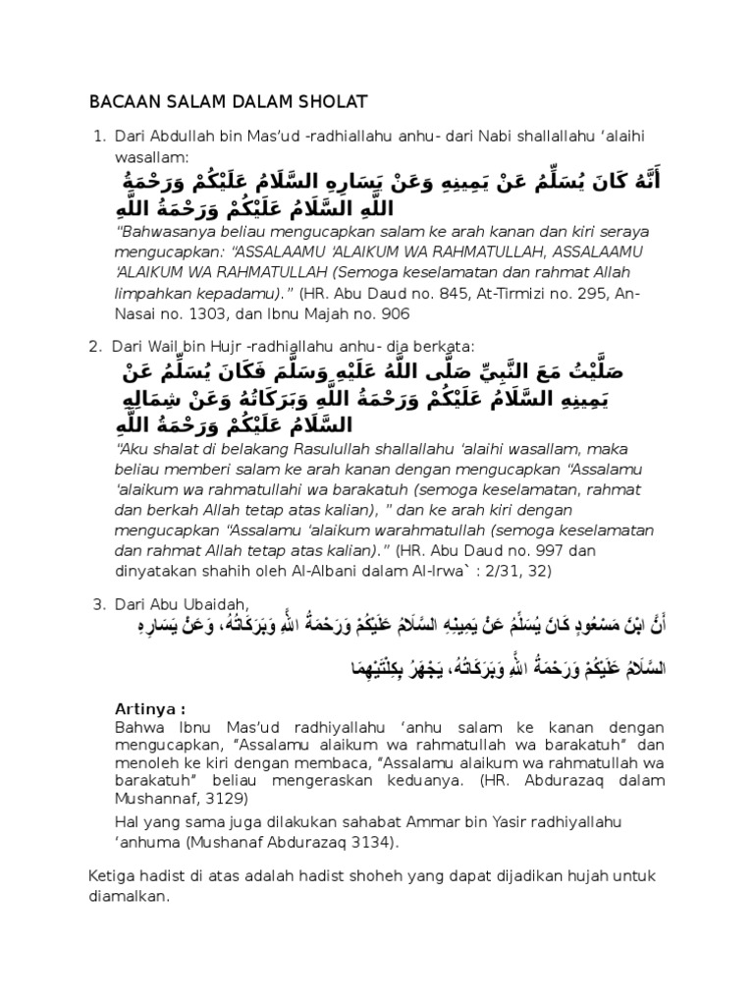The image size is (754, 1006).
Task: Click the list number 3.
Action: click(98, 604)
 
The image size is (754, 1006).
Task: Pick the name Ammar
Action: click(426, 820)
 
